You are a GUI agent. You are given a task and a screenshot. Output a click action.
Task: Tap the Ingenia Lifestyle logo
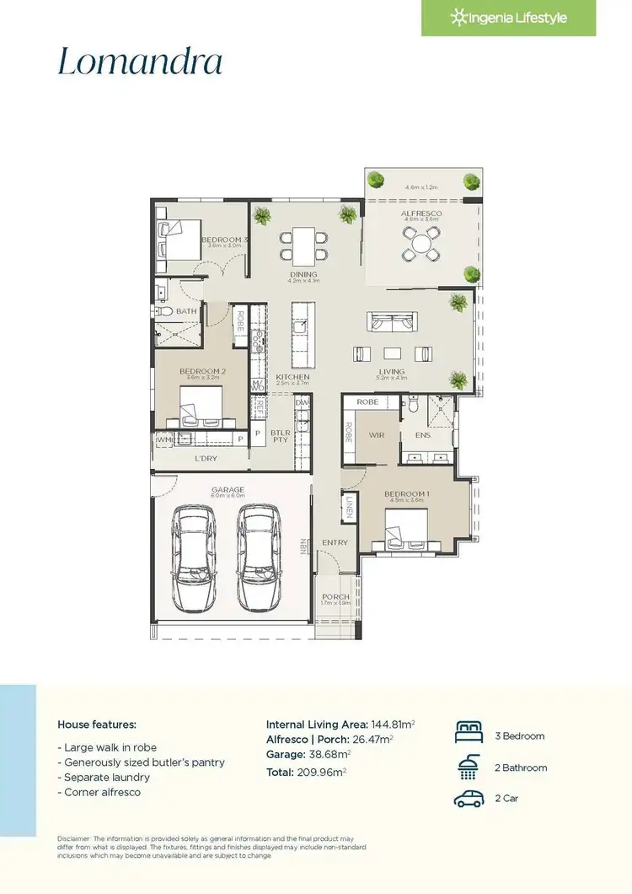pyautogui.click(x=508, y=18)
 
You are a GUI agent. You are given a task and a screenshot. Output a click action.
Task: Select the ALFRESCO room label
pyautogui.click(x=421, y=213)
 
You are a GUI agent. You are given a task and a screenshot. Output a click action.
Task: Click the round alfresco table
pyautogui.click(x=420, y=245)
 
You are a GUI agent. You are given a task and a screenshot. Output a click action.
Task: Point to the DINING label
pyautogui.click(x=303, y=274)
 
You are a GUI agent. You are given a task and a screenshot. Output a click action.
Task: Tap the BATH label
pyautogui.click(x=186, y=311)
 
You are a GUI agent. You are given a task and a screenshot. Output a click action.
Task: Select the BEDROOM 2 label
pyautogui.click(x=202, y=370)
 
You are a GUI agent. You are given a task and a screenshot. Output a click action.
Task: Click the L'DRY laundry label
pyautogui.click(x=206, y=458)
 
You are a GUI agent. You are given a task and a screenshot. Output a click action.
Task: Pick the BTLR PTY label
pyautogui.click(x=280, y=436)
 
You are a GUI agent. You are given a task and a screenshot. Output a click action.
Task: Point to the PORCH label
pyautogui.click(x=335, y=596)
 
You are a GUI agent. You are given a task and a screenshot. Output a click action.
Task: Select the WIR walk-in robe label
pyautogui.click(x=377, y=435)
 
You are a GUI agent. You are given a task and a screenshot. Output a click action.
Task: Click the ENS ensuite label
pyautogui.click(x=423, y=435)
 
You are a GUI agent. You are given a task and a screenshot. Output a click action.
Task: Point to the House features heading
pyautogui.click(x=96, y=724)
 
